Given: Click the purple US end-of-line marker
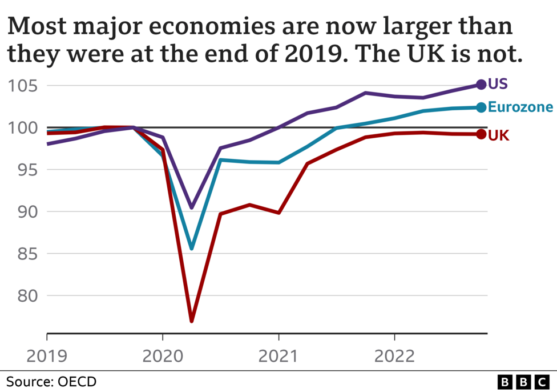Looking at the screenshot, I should [481, 85].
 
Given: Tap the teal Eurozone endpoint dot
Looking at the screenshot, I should [481, 107].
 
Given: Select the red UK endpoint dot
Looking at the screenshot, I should [481, 134].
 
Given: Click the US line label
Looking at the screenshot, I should [498, 85].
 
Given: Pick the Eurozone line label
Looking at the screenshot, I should [520, 107].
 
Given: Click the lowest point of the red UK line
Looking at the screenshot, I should [192, 321].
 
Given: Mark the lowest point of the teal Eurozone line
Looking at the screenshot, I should [192, 248].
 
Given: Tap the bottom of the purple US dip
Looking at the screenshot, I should [192, 207].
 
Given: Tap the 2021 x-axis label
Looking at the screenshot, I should [278, 356].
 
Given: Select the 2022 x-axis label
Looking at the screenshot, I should [394, 356].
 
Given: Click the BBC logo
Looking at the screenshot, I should [522, 381].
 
